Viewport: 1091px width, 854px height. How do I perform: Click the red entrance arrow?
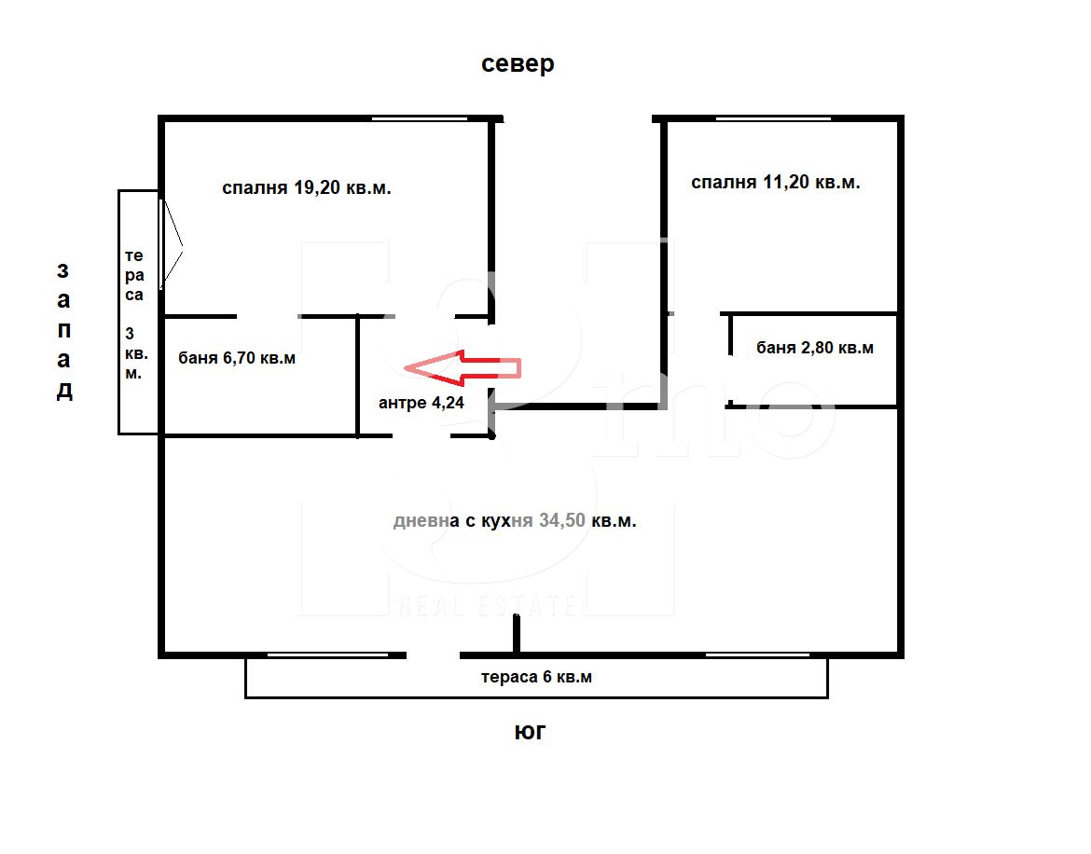[462, 367]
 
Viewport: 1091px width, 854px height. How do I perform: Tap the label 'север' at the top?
[518, 64]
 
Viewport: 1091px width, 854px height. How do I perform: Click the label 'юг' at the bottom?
[530, 732]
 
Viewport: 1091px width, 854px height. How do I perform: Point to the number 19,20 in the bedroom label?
[317, 187]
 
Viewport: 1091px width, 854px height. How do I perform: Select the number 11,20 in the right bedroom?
[785, 182]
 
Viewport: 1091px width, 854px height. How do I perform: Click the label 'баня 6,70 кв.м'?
[237, 358]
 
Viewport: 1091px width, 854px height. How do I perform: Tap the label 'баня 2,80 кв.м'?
[815, 348]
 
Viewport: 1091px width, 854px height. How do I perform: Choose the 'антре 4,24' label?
[421, 403]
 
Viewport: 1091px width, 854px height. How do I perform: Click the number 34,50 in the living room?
[562, 520]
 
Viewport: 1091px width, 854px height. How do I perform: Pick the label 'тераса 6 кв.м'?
[536, 677]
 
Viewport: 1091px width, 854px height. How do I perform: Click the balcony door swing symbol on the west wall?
[172, 245]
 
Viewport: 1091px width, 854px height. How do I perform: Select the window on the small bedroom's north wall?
[773, 119]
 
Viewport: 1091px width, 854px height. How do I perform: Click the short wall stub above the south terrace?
[517, 634]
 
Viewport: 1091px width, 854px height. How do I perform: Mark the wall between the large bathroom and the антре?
[358, 377]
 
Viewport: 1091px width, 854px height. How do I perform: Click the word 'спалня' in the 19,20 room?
[255, 188]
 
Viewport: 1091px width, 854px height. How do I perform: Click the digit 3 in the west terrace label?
[130, 334]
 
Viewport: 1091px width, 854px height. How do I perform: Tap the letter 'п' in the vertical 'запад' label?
[64, 330]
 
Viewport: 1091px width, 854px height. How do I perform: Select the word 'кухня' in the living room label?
[506, 521]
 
